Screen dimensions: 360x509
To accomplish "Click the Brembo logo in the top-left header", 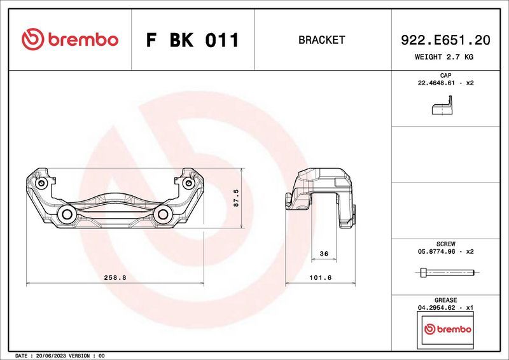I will (x=69, y=39).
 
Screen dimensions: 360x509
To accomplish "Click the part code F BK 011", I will (x=192, y=40).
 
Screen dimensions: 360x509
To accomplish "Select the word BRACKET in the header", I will (x=321, y=40).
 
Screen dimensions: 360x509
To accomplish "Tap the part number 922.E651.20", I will (x=445, y=40).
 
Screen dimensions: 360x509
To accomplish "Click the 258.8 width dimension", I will (x=116, y=278).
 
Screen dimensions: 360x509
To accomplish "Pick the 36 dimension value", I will (x=323, y=254).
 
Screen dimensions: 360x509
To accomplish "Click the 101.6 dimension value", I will (x=321, y=278).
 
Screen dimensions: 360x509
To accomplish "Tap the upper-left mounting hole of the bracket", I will (x=42, y=184).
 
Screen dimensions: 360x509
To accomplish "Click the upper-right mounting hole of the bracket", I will (x=188, y=184).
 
